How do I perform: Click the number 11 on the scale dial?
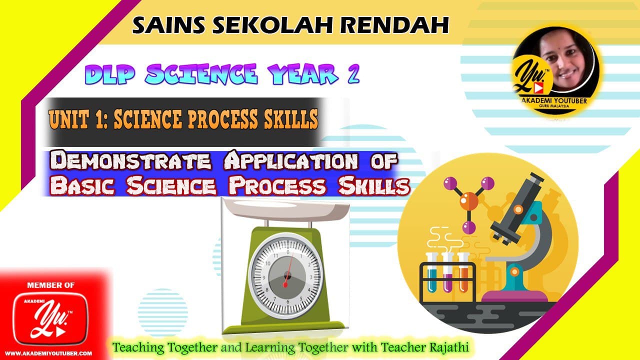point(275,255)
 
